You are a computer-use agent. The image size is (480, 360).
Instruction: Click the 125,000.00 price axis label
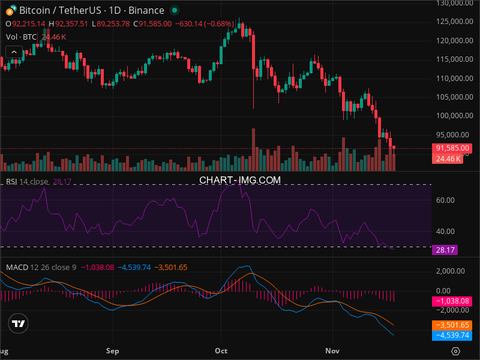452,22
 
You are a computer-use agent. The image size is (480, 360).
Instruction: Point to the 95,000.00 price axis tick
452,134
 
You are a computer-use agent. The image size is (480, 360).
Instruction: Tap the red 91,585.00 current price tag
452,148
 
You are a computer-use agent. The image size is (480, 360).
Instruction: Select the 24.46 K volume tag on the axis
448,159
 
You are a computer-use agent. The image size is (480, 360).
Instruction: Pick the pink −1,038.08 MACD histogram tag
452,300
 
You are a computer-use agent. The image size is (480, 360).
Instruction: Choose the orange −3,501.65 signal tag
452,325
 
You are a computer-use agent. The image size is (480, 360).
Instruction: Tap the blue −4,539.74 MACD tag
452,335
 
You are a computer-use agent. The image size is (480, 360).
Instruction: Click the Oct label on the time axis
221,350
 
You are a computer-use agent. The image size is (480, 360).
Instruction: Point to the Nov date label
332,350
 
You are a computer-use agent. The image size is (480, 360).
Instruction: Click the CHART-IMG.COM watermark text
240,180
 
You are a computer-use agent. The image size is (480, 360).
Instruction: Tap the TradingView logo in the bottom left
19,324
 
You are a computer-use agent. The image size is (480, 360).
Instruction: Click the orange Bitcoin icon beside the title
10,11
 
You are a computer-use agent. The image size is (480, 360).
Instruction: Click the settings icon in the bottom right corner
456,351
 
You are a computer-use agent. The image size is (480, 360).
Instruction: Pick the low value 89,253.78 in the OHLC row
113,23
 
